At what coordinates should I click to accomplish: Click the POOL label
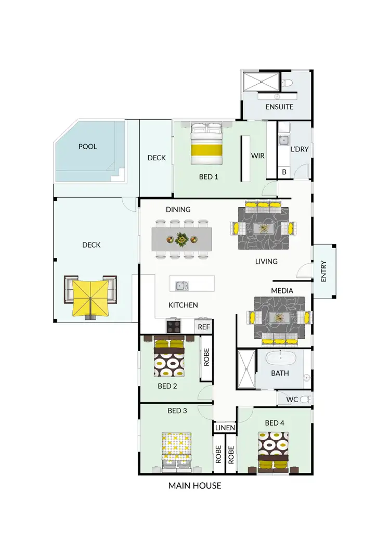pyautogui.click(x=88, y=147)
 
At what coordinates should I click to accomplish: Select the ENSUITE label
pyautogui.click(x=280, y=107)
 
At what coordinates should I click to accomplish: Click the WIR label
pyautogui.click(x=258, y=156)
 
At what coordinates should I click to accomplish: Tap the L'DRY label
pyautogui.click(x=300, y=149)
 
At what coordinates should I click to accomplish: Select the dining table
pyautogui.click(x=182, y=240)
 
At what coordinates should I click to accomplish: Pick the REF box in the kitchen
pyautogui.click(x=203, y=327)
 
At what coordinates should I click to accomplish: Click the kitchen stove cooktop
pyautogui.click(x=173, y=326)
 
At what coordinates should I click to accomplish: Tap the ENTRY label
pyautogui.click(x=323, y=272)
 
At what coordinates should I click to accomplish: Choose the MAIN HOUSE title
pyautogui.click(x=195, y=486)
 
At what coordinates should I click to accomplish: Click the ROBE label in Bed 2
pyautogui.click(x=206, y=357)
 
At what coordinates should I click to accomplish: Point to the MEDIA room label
pyautogui.click(x=282, y=290)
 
